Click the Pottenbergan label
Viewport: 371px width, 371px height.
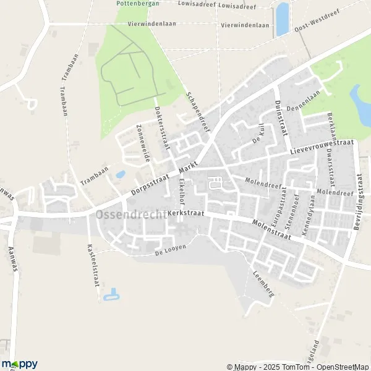click(x=137, y=3)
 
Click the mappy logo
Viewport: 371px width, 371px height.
click(x=19, y=364)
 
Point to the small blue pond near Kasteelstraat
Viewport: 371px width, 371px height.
click(x=112, y=295)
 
